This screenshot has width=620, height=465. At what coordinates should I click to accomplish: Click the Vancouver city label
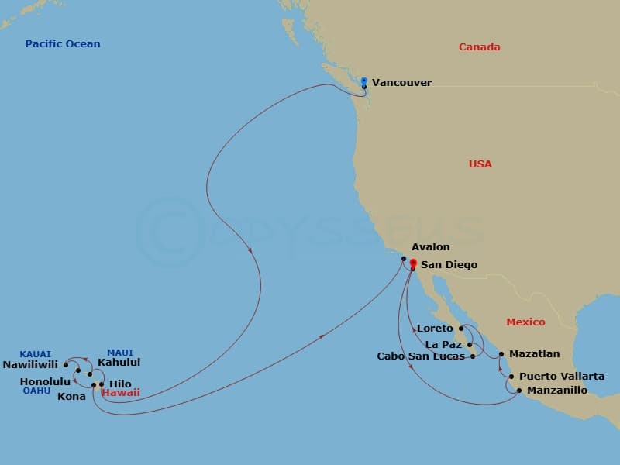point(401,82)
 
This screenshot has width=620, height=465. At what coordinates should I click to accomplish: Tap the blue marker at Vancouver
point(364,80)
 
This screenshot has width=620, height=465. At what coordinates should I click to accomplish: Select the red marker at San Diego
point(412,263)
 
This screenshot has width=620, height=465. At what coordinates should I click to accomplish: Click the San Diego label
point(449,265)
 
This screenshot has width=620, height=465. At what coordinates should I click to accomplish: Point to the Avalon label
point(430,247)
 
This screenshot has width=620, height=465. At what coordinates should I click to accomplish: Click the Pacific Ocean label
point(63,44)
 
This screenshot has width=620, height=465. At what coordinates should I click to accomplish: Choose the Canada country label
point(479,47)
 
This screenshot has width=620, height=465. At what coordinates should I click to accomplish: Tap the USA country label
point(480,164)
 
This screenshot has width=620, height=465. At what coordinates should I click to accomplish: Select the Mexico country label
point(525,322)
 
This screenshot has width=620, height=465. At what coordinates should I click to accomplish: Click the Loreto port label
point(435,329)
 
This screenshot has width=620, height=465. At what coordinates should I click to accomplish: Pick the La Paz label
point(443,344)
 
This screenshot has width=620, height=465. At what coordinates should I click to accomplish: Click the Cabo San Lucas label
point(421,357)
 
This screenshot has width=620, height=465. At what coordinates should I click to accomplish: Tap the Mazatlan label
point(534,354)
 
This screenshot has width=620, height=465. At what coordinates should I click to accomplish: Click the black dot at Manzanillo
point(518,391)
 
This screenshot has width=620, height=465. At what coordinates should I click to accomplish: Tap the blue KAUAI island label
point(35,354)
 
